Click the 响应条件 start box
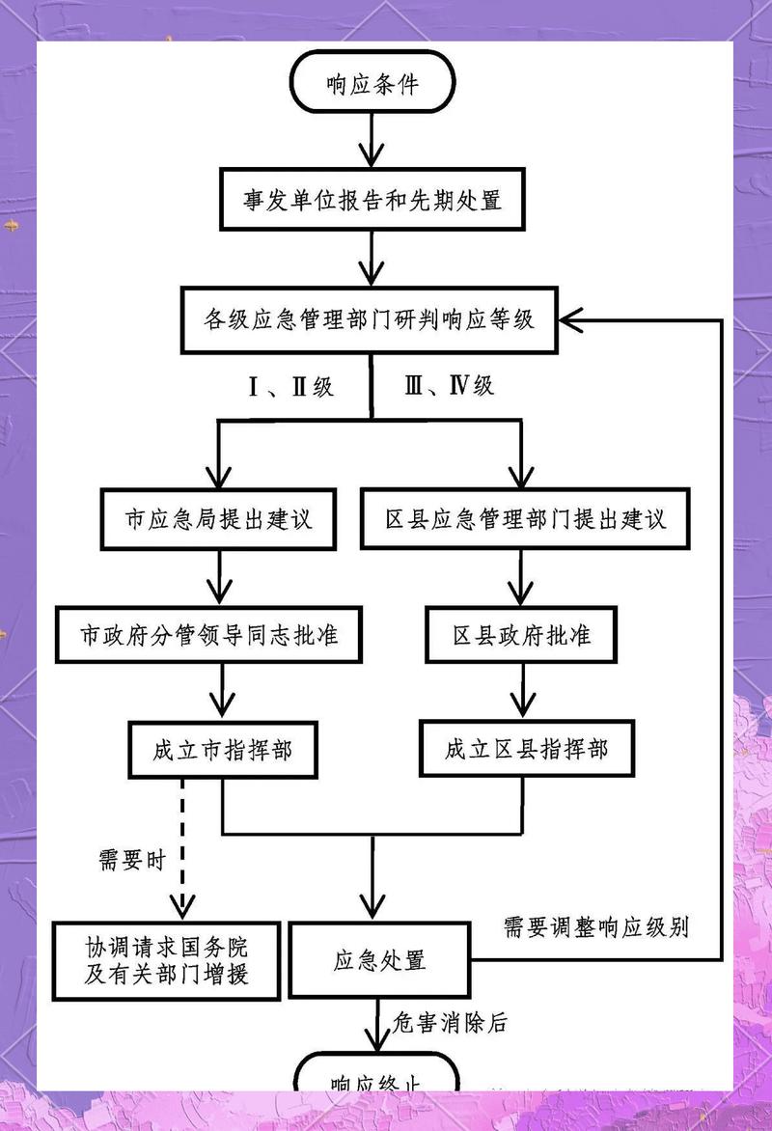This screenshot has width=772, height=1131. (x=373, y=85)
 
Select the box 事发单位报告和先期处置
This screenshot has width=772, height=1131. (x=372, y=202)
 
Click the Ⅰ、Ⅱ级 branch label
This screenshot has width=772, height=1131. (x=290, y=387)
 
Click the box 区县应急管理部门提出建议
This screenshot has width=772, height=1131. (x=525, y=518)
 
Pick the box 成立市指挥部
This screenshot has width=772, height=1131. (x=223, y=749)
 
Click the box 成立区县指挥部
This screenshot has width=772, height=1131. (x=527, y=749)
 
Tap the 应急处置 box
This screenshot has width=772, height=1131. (x=379, y=961)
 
